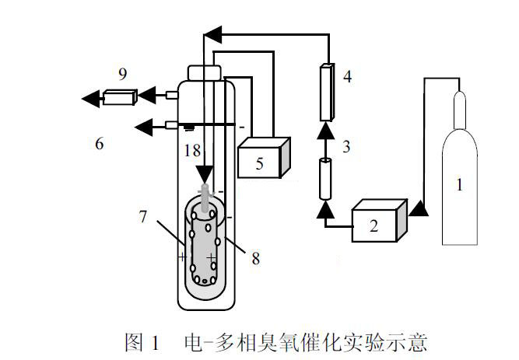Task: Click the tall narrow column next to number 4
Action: tap(327, 91)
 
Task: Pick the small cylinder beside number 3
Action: tap(327, 177)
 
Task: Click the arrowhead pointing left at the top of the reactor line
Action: tap(212, 33)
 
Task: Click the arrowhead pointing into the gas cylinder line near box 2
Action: tap(418, 208)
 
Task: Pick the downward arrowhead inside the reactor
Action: tap(204, 173)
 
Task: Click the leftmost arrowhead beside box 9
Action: tap(91, 98)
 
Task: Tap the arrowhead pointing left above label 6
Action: tap(143, 126)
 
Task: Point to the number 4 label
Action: tap(347, 76)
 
